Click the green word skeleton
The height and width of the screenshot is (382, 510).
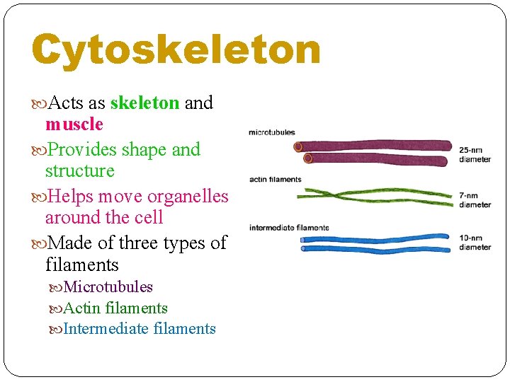144,103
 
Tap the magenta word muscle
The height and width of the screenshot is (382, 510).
74,125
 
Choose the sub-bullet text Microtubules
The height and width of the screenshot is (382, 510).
108,286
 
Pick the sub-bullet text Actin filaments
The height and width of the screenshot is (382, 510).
115,308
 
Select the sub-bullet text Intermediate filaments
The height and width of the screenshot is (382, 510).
140,329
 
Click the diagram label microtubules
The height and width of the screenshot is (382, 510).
271,132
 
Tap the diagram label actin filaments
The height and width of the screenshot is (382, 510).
275,179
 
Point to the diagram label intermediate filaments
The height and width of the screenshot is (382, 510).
289,228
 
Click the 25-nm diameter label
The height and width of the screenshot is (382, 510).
475,154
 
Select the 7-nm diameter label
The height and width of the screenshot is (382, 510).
475,200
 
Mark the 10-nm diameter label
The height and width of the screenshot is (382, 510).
475,243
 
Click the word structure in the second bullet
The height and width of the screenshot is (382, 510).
79,171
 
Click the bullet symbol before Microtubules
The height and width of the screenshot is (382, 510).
57,287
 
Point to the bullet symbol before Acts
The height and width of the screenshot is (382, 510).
38,104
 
